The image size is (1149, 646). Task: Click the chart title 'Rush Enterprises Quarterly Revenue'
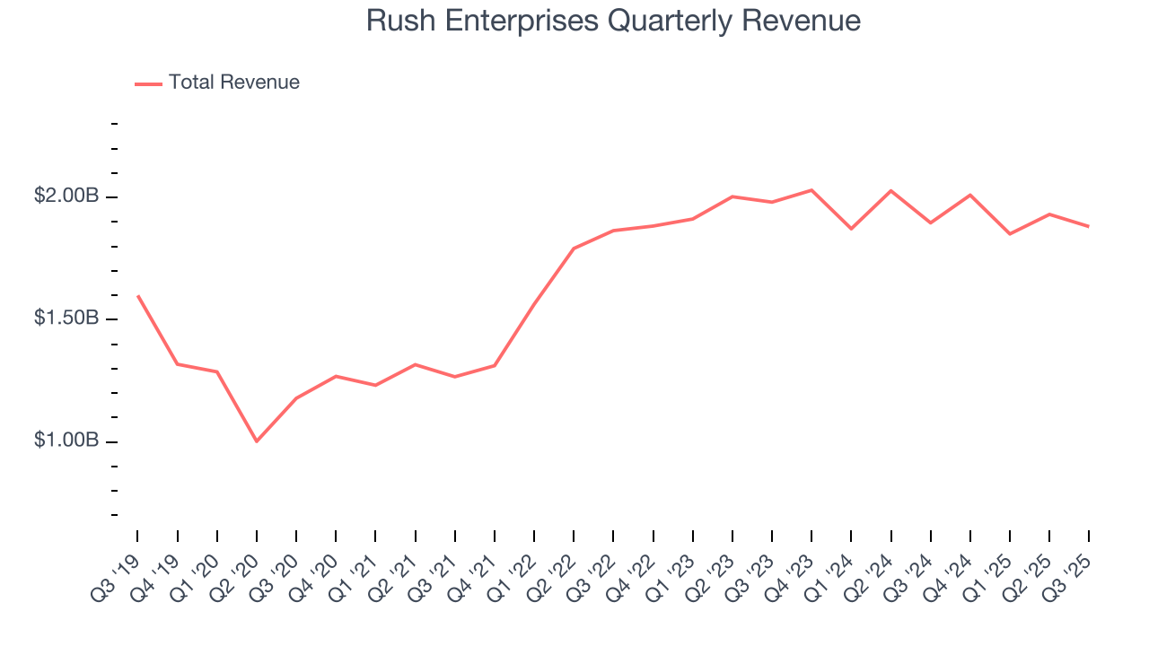613,21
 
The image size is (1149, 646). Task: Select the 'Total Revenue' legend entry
233,83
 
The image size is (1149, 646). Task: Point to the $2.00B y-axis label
66,196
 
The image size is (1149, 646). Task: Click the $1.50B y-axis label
66,319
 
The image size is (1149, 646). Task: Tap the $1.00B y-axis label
66,441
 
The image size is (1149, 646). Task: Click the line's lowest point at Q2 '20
257,441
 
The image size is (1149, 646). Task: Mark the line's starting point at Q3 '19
137,295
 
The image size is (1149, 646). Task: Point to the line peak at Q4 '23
811,190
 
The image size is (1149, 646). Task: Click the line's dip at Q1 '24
851,229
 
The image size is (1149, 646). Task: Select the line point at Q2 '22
574,249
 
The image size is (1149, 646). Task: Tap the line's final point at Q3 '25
1089,226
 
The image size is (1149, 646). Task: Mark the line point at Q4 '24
970,195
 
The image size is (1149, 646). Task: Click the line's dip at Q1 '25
1010,234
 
